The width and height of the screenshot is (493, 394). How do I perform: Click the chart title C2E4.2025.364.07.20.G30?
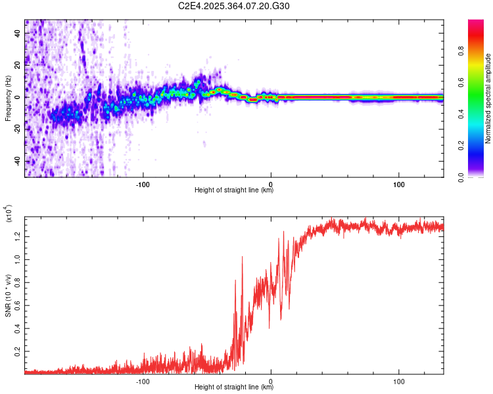click(234, 6)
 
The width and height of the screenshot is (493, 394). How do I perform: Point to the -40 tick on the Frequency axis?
click(17, 161)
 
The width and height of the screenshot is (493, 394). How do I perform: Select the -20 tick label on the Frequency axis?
click(17, 129)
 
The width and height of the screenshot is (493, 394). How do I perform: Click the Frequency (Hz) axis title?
click(7, 98)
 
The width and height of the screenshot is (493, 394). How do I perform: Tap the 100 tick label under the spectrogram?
click(398, 183)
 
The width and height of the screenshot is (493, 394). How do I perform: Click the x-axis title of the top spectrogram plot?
click(234, 190)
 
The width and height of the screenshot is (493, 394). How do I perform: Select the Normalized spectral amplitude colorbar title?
click(488, 98)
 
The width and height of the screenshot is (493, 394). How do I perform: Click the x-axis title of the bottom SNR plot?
click(234, 387)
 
